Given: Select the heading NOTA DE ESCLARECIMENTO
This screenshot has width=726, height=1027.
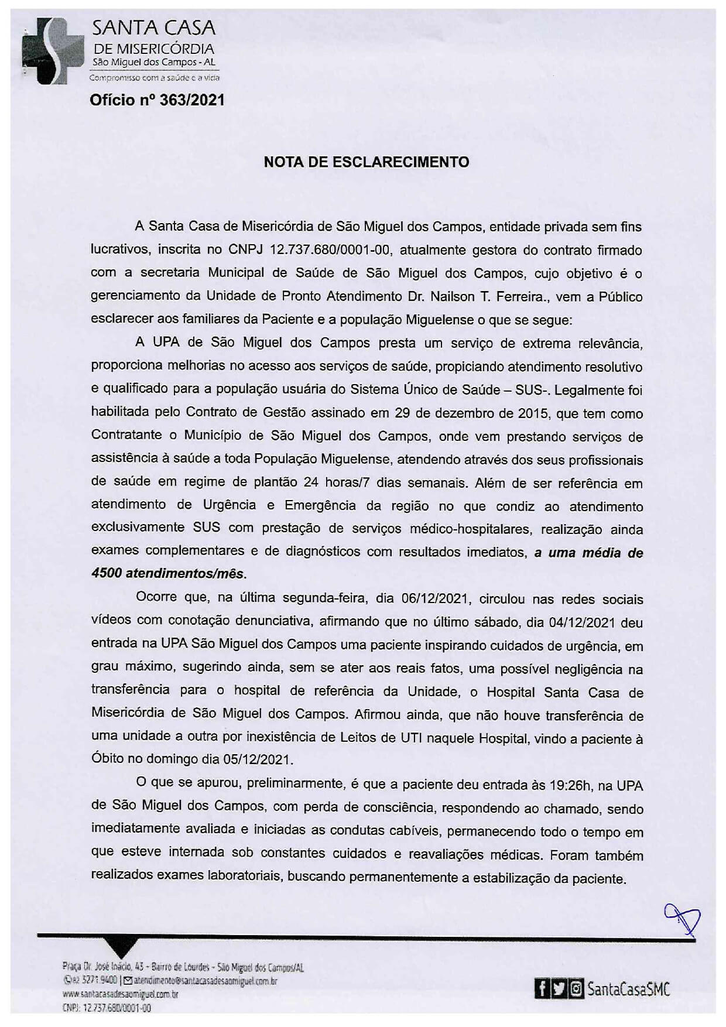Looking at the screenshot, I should click(366, 162).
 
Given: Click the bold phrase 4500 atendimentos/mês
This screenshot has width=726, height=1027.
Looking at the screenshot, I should click(169, 573).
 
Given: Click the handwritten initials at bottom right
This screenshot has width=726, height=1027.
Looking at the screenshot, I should click(682, 918).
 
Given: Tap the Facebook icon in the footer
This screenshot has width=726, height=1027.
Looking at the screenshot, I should click(543, 989).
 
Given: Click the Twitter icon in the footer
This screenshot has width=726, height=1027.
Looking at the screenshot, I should click(560, 989).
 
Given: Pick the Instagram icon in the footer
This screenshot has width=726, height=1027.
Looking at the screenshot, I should click(576, 989).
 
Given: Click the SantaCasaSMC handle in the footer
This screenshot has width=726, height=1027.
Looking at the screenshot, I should click(628, 989).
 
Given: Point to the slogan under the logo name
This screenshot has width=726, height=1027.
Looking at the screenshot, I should click(154, 77).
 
